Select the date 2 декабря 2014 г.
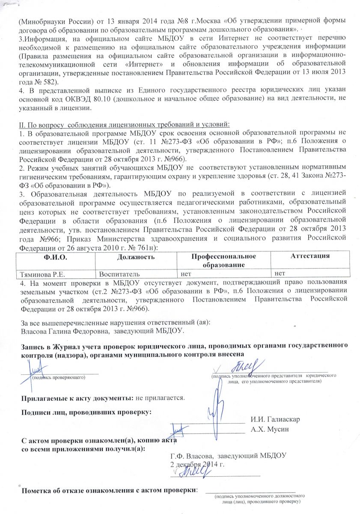[x=197, y=464]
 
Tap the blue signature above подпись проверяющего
[x=35, y=368]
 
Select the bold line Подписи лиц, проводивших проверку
[x=86, y=412]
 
